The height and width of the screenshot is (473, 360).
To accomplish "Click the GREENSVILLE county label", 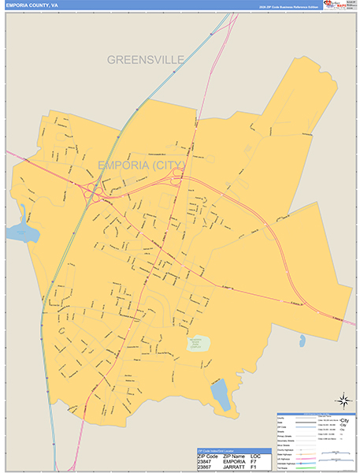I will tap(146, 59).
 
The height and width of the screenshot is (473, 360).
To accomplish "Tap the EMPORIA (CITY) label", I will tap(142, 165).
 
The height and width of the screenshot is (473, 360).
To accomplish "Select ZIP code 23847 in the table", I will tap(206, 462).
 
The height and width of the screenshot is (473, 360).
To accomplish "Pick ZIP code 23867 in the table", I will tap(206, 467).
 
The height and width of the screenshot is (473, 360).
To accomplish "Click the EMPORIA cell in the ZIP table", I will tap(234, 462).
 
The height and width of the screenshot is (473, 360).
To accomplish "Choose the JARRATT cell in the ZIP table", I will tap(234, 467).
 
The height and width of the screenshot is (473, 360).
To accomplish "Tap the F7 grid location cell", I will tap(254, 462).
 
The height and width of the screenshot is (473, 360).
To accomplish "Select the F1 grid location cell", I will tap(254, 467).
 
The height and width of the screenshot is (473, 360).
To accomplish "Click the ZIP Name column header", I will tap(235, 456).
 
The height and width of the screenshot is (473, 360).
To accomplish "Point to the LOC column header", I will tap(256, 456).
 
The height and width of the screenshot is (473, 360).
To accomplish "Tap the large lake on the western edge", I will tap(21, 230).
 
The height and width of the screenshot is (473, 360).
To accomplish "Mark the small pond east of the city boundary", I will tap(302, 341).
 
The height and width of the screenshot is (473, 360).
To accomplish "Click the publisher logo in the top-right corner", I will tap(340, 7).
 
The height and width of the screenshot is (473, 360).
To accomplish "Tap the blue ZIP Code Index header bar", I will tap(234, 451).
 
